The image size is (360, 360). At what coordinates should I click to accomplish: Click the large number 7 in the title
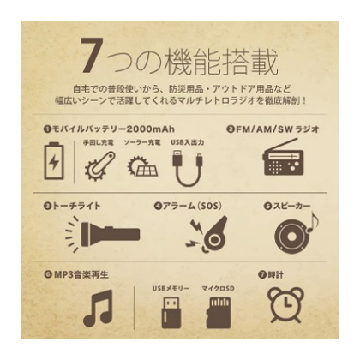[x=92, y=55]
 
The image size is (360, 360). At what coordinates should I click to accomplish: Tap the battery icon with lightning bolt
[x=54, y=161]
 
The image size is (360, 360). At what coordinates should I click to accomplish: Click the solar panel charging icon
[x=142, y=165]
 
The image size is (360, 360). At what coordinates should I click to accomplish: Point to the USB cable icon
[x=188, y=168]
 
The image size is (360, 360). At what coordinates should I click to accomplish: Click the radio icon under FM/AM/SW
[x=283, y=157]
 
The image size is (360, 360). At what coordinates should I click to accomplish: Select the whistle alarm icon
[x=207, y=234]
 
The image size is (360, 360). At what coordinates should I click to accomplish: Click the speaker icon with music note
[x=296, y=234]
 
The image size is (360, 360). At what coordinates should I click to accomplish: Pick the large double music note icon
[x=98, y=308]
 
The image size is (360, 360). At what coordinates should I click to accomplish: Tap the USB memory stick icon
[x=171, y=312]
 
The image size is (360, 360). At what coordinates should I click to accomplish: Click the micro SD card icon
[x=219, y=312]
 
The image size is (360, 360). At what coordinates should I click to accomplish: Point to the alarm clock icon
[x=285, y=304]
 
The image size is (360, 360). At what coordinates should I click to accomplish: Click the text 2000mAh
[x=150, y=129]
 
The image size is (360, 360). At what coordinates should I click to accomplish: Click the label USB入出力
[x=187, y=142]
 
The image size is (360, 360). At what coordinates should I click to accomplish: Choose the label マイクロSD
[x=218, y=289]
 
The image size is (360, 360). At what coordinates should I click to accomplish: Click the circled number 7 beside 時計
[x=261, y=275]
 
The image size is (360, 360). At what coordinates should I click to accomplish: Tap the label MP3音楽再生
[x=81, y=275]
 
